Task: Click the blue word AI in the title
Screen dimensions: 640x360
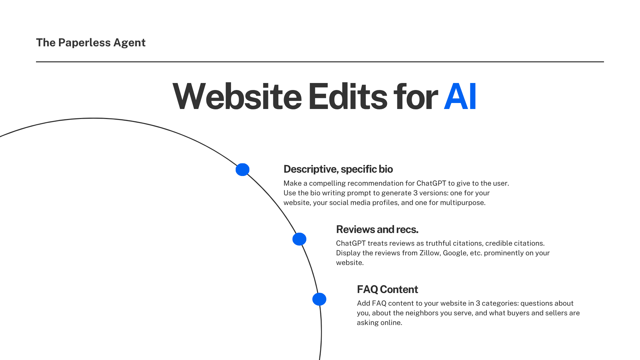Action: (460, 97)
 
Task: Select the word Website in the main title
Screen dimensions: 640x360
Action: (237, 97)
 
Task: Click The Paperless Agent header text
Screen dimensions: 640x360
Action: (91, 43)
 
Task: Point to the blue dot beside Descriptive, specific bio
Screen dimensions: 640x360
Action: (242, 170)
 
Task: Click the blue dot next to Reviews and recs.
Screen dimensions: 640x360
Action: (299, 239)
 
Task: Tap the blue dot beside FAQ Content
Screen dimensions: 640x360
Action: (319, 299)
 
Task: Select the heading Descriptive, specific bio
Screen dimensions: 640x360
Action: (338, 169)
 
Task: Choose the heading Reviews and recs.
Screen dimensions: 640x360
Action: (377, 229)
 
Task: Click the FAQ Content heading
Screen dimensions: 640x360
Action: (387, 289)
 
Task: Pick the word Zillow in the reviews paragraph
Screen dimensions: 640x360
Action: (429, 253)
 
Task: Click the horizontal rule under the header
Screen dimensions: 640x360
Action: (320, 62)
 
